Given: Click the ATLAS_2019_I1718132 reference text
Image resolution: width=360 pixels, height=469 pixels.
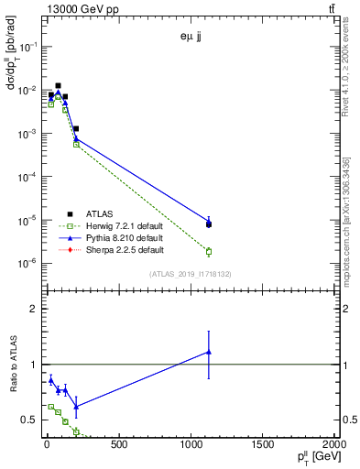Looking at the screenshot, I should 191,274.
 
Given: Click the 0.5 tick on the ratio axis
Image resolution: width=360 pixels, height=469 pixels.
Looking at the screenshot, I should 29,420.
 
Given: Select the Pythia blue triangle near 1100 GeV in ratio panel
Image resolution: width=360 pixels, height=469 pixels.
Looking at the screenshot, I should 209,352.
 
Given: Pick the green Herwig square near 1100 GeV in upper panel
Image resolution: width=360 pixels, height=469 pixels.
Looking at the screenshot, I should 209,251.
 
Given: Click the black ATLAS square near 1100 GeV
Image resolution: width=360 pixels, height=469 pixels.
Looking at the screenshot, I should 209,224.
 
